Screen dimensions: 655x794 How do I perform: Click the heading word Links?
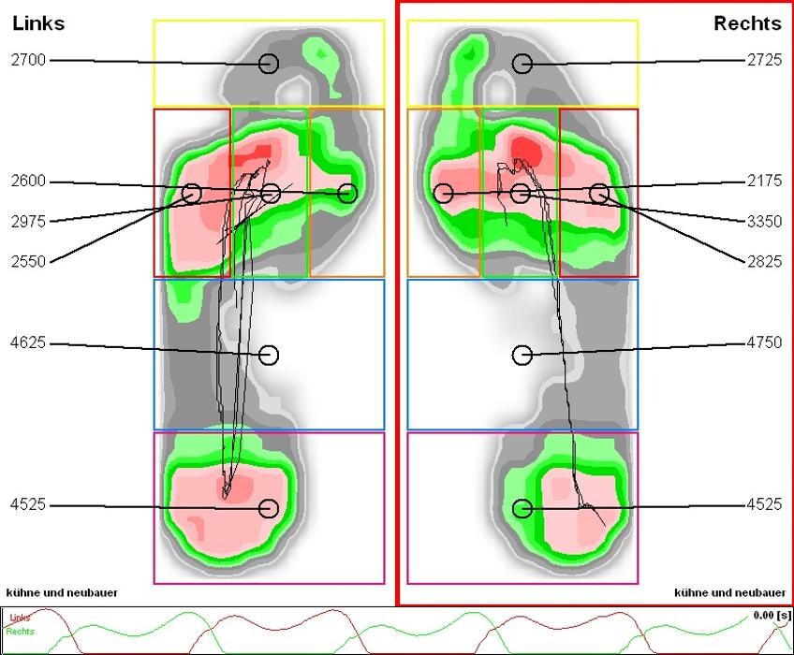click(x=38, y=23)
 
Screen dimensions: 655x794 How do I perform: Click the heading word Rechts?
click(x=747, y=23)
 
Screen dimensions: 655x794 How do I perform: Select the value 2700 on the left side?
click(x=28, y=61)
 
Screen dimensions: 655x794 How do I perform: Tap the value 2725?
click(x=764, y=61)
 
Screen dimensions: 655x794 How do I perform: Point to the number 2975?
click(x=28, y=222)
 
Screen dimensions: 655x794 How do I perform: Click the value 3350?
click(x=764, y=222)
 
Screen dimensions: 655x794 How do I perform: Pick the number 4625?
click(x=28, y=343)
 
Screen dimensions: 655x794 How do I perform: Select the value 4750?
click(x=764, y=343)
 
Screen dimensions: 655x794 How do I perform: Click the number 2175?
click(x=764, y=182)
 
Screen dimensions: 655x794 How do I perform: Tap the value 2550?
click(x=28, y=262)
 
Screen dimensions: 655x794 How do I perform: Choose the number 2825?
click(x=764, y=262)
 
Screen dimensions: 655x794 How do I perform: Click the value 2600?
click(x=28, y=182)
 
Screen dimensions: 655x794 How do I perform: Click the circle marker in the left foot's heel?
click(x=269, y=508)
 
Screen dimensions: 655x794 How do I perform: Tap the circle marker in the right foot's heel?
click(x=522, y=508)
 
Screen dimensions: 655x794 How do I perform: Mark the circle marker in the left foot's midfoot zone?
click(x=269, y=355)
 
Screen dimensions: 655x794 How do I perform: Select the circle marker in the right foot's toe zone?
click(x=522, y=64)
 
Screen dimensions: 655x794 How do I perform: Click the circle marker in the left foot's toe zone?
click(x=269, y=64)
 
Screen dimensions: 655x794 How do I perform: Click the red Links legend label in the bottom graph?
click(x=20, y=619)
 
